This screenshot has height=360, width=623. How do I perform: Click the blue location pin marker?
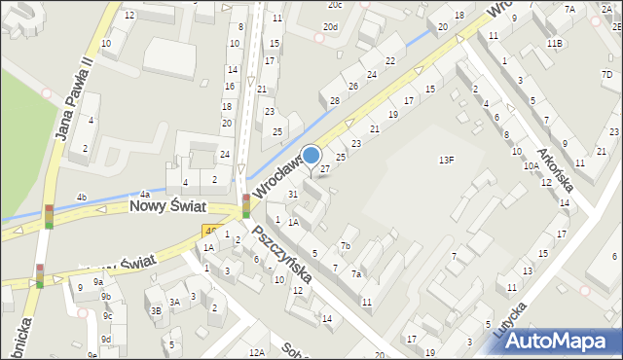tap(311, 156)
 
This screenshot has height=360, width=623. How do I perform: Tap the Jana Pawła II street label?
tap(75, 97)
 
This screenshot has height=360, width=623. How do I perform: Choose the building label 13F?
tap(446, 160)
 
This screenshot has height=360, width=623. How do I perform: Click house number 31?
tap(292, 195)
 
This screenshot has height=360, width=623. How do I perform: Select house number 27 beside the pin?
tap(325, 169)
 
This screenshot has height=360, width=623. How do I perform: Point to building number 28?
tap(334, 101)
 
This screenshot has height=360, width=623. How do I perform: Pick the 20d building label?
tap(332, 26)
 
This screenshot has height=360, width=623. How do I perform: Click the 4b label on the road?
tap(82, 198)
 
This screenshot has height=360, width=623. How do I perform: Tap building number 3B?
tap(155, 310)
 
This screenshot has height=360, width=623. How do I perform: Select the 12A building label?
tap(257, 352)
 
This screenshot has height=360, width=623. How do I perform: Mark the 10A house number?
tap(531, 166)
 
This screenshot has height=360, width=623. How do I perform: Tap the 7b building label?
tap(345, 245)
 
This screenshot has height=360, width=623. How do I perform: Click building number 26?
tap(353, 87)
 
